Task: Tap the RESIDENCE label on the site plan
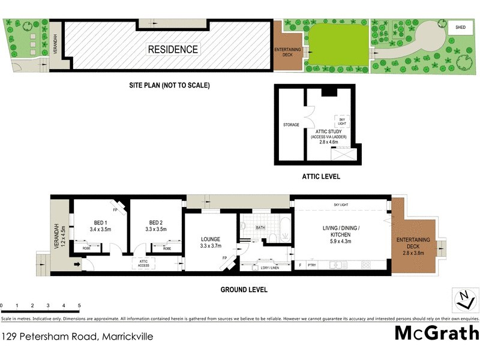click(x=173, y=50)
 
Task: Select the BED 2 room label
click(x=156, y=222)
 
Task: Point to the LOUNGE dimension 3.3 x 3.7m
click(x=211, y=245)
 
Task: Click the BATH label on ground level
click(x=260, y=228)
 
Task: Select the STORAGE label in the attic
click(x=290, y=125)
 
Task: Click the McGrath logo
click(x=436, y=333)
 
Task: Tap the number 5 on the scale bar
click(x=79, y=305)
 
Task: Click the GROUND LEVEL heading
click(x=243, y=290)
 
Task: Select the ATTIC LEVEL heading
click(x=321, y=177)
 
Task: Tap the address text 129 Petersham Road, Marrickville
click(x=77, y=336)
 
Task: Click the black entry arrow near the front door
click(x=77, y=263)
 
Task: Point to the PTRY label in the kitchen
click(x=311, y=265)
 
